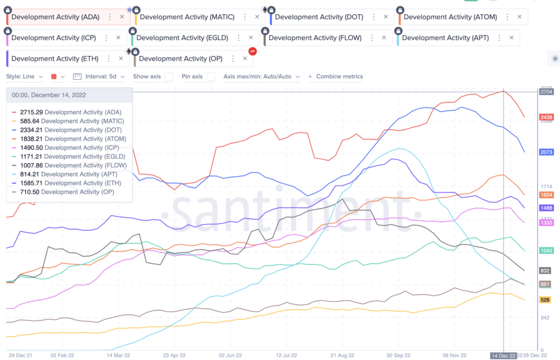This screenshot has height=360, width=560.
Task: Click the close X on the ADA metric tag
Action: tap(121, 17)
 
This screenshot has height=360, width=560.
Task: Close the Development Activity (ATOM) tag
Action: tap(520, 17)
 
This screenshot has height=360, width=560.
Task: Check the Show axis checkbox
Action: tap(169, 77)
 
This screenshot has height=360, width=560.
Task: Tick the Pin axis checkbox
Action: tap(211, 77)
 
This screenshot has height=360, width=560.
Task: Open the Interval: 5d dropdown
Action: tap(99, 77)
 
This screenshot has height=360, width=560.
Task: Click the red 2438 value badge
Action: tap(546, 117)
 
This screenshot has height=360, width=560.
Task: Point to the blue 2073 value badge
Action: tap(546, 152)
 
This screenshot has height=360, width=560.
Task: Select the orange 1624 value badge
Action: tap(546, 195)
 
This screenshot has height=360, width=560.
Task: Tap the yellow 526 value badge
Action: tap(545, 300)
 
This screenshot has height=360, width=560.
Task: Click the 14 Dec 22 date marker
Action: tap(503, 355)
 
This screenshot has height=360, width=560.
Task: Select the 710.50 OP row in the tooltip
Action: tap(71, 192)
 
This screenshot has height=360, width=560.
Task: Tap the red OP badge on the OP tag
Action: tap(252, 51)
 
